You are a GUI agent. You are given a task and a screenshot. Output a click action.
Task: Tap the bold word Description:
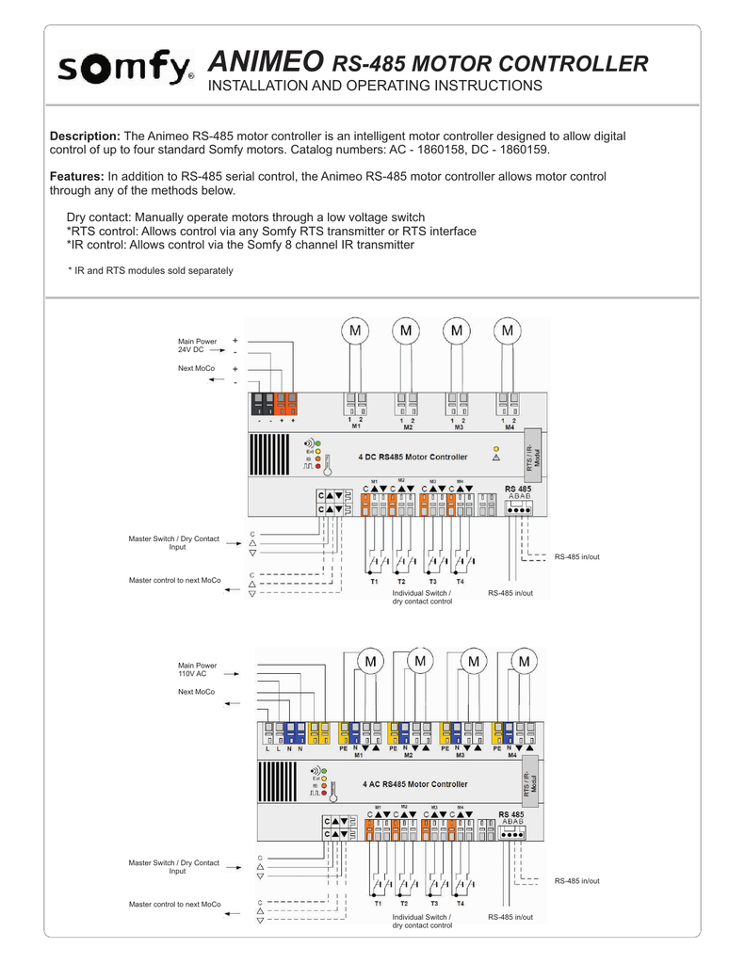coord(85,137)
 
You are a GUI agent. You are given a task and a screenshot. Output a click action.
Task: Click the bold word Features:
coord(76,177)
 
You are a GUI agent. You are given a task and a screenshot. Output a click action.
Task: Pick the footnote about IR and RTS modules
coord(151,271)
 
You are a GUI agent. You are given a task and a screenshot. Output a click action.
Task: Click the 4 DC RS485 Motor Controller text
coord(413,458)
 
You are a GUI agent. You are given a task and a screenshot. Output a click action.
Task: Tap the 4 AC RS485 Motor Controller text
coord(413,783)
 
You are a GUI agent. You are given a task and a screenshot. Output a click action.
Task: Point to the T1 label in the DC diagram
coord(374,582)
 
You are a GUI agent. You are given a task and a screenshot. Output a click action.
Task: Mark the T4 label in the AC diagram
coord(461,903)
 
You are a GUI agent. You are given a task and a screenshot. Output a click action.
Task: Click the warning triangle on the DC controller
coord(495,458)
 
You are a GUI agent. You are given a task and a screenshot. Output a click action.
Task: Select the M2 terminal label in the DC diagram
coord(408,427)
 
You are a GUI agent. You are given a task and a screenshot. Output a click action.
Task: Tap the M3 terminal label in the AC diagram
coord(461,755)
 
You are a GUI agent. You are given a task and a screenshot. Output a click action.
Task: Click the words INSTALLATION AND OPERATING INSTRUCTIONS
coord(375,87)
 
